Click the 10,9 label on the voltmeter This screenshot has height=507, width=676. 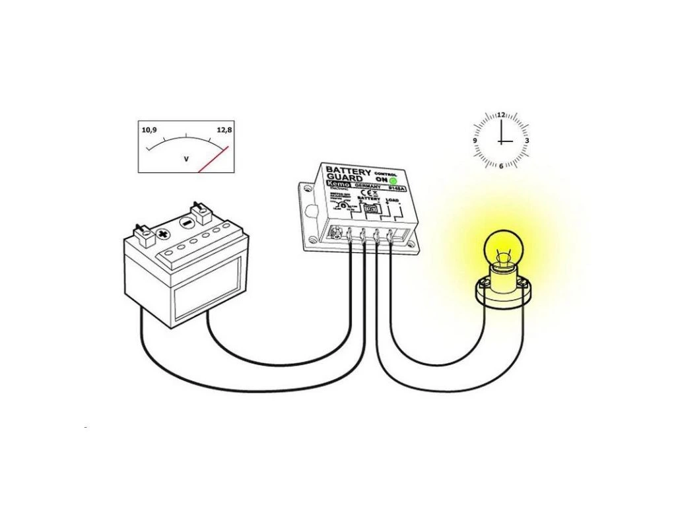149,130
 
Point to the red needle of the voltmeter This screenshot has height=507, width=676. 214,158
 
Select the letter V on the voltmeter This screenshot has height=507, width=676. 186,159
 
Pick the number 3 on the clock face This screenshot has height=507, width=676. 526,141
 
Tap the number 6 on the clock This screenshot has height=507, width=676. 501,165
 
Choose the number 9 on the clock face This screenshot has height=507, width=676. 475,141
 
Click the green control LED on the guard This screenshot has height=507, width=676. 393,180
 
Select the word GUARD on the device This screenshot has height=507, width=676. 345,178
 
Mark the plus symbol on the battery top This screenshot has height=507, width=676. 160,234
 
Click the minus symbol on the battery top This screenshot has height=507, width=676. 187,223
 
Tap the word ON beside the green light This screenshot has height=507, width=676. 380,180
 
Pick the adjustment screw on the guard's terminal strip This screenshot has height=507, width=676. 338,232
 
